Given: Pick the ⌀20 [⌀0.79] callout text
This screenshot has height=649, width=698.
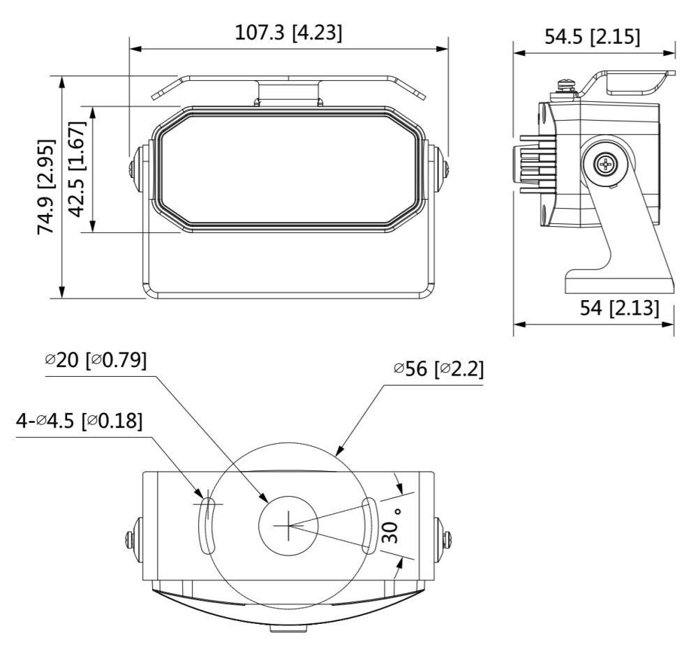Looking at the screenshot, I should pyautogui.click(x=96, y=360).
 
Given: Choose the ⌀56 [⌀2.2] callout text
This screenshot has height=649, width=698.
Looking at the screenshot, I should pyautogui.click(x=438, y=368).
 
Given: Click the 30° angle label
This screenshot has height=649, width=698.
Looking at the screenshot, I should pyautogui.click(x=393, y=525).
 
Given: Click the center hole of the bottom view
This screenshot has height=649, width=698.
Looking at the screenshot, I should pyautogui.click(x=288, y=525).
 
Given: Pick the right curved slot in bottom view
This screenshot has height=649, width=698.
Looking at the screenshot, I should pyautogui.click(x=369, y=525).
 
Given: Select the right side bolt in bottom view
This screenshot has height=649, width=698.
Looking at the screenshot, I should pyautogui.click(x=447, y=539).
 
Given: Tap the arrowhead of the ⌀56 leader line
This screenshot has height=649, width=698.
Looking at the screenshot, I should pyautogui.click(x=341, y=452).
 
